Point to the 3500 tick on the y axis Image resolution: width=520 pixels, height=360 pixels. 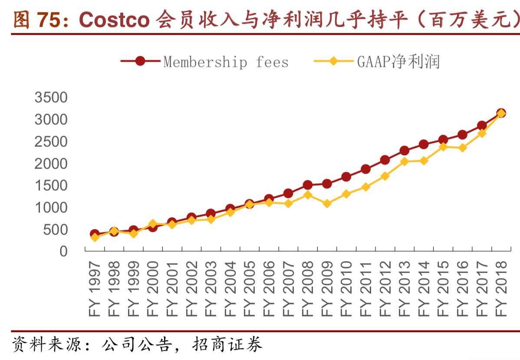pyautogui.click(x=51, y=97)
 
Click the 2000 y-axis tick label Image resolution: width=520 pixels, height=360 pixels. pyautogui.click(x=51, y=164)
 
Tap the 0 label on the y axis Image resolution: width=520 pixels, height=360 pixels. pyautogui.click(x=63, y=252)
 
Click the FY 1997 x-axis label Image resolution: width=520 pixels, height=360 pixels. pyautogui.click(x=95, y=288)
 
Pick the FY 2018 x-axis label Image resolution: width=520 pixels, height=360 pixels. pyautogui.click(x=501, y=288)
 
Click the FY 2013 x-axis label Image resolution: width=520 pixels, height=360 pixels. pyautogui.click(x=404, y=288)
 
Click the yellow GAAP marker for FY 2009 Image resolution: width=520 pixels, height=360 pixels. pyautogui.click(x=327, y=203)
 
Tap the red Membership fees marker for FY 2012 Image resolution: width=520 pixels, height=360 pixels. pyautogui.click(x=385, y=160)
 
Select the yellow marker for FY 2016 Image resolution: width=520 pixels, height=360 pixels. pyautogui.click(x=462, y=147)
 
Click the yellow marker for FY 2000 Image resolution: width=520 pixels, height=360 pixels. pyautogui.click(x=153, y=224)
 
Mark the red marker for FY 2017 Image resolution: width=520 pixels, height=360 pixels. pyautogui.click(x=481, y=126)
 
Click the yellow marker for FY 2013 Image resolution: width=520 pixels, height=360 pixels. pyautogui.click(x=404, y=161)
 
